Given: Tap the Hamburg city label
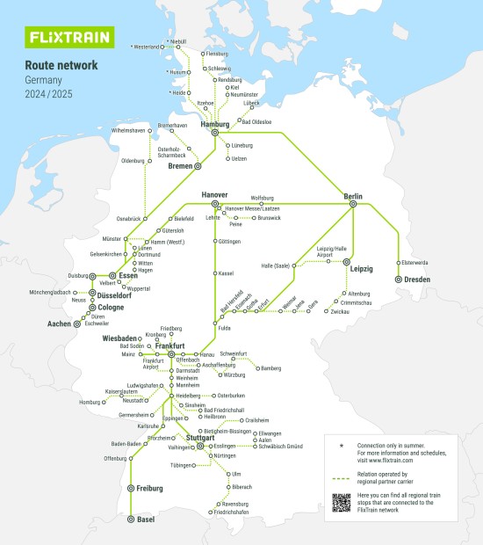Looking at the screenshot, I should pyautogui.click(x=215, y=125).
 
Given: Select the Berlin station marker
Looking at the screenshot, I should pyautogui.click(x=353, y=203).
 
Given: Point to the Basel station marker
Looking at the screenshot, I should pyautogui.click(x=131, y=520).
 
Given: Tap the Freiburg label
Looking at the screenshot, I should pyautogui.click(x=150, y=488).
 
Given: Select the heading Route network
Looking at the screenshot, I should pyautogui.click(x=61, y=65).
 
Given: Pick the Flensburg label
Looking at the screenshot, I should pyautogui.click(x=216, y=54).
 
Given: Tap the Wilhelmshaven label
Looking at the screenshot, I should pyautogui.click(x=128, y=131).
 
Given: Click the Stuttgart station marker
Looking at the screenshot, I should pyautogui.click(x=200, y=446).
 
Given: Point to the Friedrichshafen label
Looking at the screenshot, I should pyautogui.click(x=230, y=512).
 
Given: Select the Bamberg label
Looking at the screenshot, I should pyautogui.click(x=270, y=369).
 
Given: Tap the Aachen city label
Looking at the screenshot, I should pyautogui.click(x=59, y=324).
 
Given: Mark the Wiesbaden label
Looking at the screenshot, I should pyautogui.click(x=120, y=338).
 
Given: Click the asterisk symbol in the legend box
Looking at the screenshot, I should pyautogui.click(x=341, y=446).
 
